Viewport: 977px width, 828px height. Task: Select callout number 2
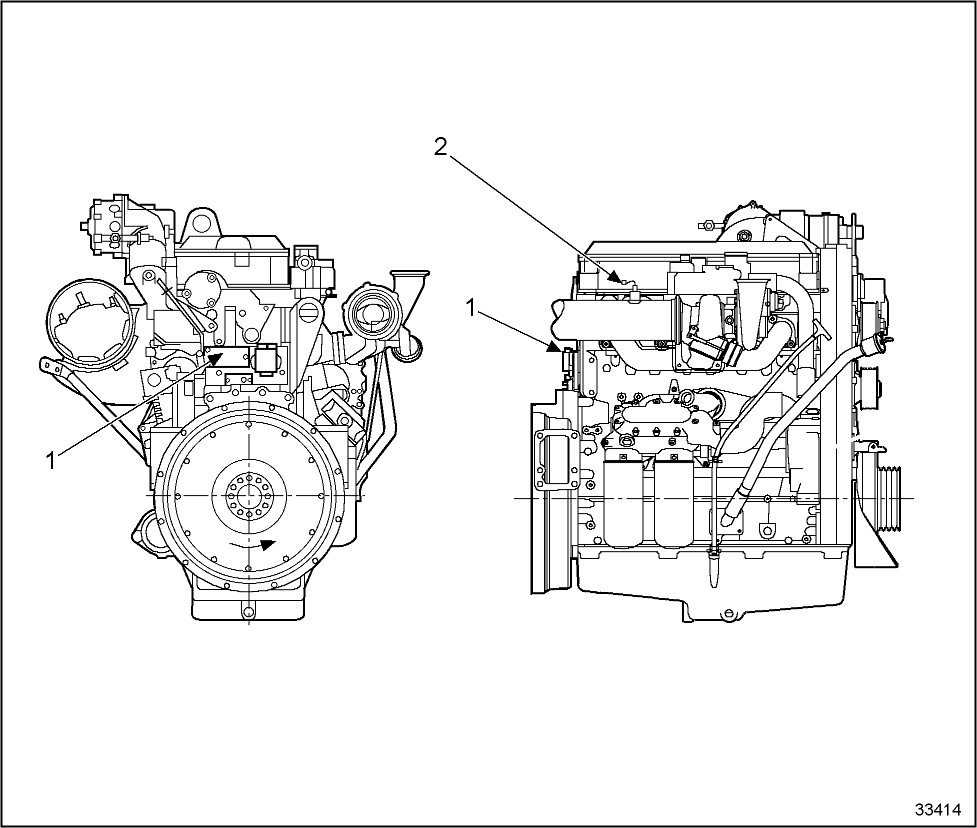click(440, 147)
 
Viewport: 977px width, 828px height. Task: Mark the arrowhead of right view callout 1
click(556, 347)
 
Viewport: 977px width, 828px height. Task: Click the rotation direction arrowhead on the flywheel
click(269, 544)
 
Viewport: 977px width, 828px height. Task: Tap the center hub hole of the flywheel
click(248, 495)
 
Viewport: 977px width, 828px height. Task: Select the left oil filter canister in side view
click(622, 503)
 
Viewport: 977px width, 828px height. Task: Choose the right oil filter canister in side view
click(673, 503)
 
